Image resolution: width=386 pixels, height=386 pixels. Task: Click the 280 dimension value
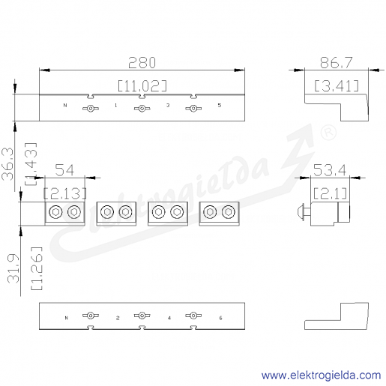click(142, 62)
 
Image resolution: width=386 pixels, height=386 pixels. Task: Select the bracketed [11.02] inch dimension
click(142, 85)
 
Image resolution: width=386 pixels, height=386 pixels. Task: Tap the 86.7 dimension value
click(337, 62)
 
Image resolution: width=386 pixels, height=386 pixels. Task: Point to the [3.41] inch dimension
click(337, 85)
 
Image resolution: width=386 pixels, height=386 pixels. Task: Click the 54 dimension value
click(64, 170)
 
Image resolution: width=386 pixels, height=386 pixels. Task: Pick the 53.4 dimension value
click(330, 170)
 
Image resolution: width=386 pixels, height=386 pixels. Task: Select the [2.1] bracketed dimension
click(330, 193)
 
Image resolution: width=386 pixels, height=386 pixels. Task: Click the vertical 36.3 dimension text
click(7, 164)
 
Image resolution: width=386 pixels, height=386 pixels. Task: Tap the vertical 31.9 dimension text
click(13, 268)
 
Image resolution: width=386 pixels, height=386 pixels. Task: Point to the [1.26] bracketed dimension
click(37, 268)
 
